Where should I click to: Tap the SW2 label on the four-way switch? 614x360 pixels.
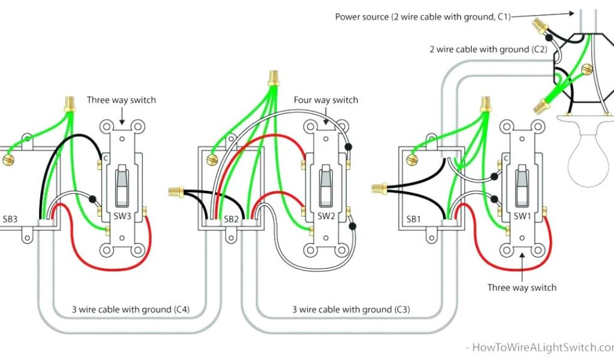[326, 216]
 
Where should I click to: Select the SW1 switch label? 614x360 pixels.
[522, 216]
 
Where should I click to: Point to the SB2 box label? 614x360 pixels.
[231, 220]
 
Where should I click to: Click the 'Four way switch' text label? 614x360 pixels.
[326, 100]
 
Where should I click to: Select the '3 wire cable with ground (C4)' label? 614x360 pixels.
[131, 310]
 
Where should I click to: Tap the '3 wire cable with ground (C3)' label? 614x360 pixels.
[351, 310]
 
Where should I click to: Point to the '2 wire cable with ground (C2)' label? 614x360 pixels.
[487, 49]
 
